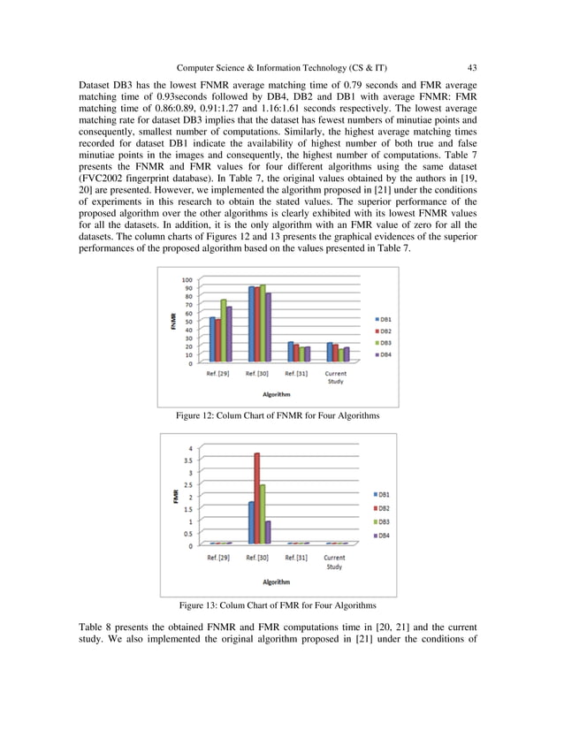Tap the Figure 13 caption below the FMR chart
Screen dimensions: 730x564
tap(278, 605)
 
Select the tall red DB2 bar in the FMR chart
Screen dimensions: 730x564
tap(256, 498)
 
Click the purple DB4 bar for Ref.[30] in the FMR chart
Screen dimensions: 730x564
tap(268, 532)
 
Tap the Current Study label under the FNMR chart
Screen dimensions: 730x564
tap(335, 376)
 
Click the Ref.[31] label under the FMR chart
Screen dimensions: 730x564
tap(297, 558)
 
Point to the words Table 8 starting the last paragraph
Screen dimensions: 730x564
tap(96, 628)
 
